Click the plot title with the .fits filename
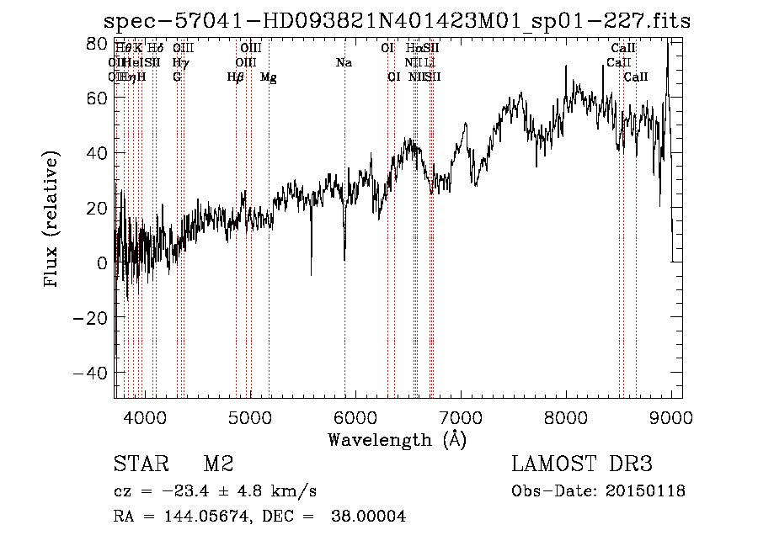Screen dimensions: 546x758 [397, 22]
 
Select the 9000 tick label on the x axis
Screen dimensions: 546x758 [671, 416]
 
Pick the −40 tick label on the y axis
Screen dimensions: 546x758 [93, 373]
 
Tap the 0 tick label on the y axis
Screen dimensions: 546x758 [103, 263]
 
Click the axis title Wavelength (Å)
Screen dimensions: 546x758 [397, 439]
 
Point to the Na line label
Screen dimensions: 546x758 [344, 63]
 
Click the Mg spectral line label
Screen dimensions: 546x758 [269, 77]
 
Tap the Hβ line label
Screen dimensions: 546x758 [236, 77]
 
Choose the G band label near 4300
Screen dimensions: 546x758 [177, 77]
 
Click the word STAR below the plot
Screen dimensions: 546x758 [141, 464]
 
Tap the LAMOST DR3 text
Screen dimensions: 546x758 [582, 464]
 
